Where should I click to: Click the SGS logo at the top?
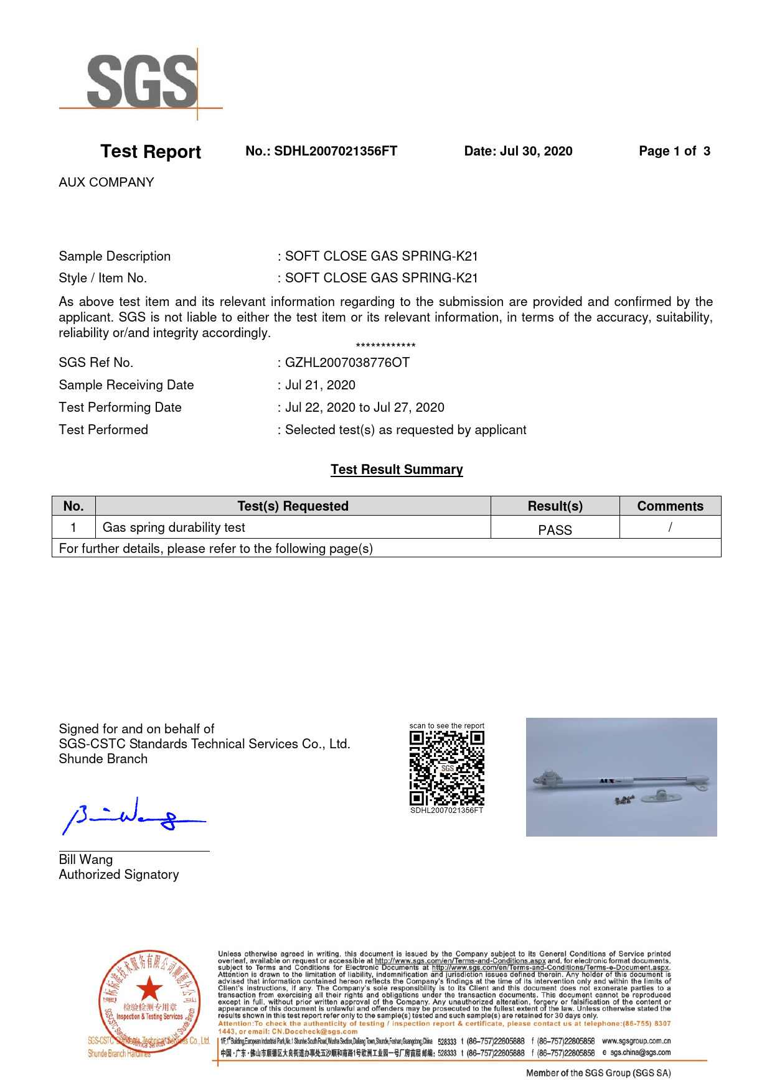pyautogui.click(x=142, y=82)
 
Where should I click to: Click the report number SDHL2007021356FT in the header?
pyautogui.click(x=335, y=151)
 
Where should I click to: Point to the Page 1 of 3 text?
pyautogui.click(x=674, y=151)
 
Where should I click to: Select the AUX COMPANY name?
pyautogui.click(x=106, y=182)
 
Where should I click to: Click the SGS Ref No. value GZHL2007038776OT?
pyautogui.click(x=347, y=363)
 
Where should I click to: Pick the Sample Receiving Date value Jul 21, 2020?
pyautogui.click(x=320, y=385)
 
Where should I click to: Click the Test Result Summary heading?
pyautogui.click(x=397, y=470)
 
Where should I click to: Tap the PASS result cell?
pyautogui.click(x=555, y=530)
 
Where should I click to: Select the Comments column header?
pyautogui.click(x=670, y=506)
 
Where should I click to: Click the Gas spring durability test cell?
pyautogui.click(x=174, y=527)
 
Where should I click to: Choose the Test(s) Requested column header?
pyautogui.click(x=293, y=506)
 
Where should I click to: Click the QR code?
pyautogui.click(x=446, y=769)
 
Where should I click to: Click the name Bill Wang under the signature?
pyautogui.click(x=86, y=860)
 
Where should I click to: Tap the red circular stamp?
pyautogui.click(x=149, y=1001)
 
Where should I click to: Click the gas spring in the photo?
pyautogui.click(x=620, y=781)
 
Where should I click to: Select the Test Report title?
pyautogui.click(x=151, y=152)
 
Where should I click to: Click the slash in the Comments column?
pyautogui.click(x=670, y=527)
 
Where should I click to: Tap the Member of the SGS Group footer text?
pyautogui.click(x=598, y=1073)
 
